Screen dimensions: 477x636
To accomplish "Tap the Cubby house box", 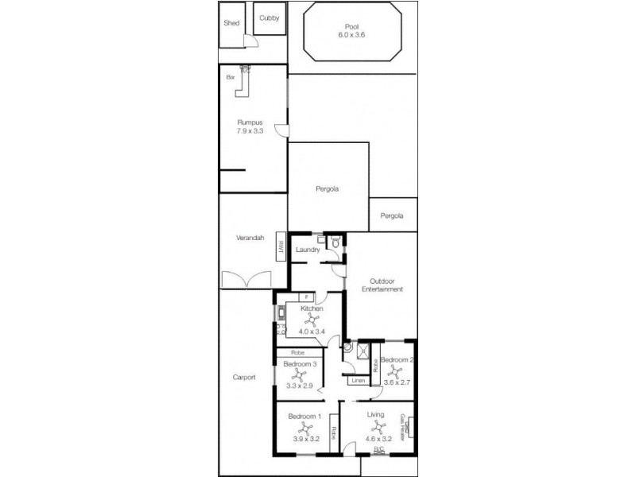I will tap(269, 19).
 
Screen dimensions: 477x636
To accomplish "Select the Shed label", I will tap(231, 23).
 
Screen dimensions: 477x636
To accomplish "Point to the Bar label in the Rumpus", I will tap(231, 77).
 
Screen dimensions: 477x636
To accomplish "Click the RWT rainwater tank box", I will tap(281, 245).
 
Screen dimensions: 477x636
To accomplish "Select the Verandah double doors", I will tap(248, 280).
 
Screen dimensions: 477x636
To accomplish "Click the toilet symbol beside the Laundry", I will tap(335, 243).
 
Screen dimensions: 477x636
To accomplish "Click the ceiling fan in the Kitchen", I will tap(312, 320).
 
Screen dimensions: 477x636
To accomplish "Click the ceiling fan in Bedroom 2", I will tap(394, 370).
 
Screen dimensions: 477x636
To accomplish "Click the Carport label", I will tap(243, 378).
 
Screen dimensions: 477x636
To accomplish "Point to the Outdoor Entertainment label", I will tap(382, 285).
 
